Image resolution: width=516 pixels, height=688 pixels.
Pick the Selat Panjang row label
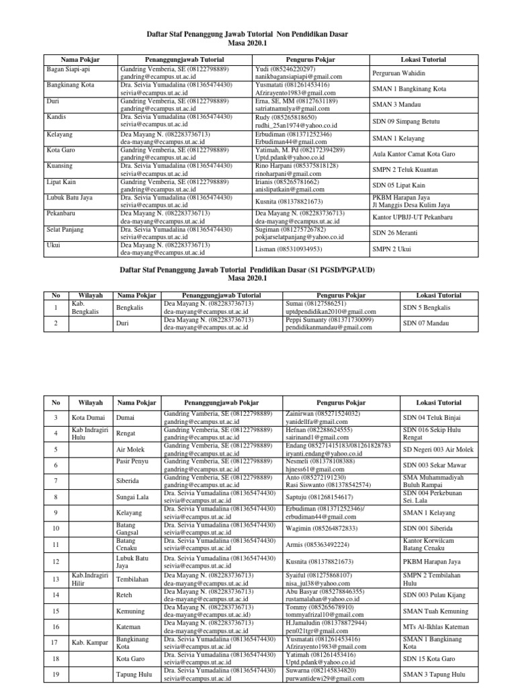click(x=66, y=230)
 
